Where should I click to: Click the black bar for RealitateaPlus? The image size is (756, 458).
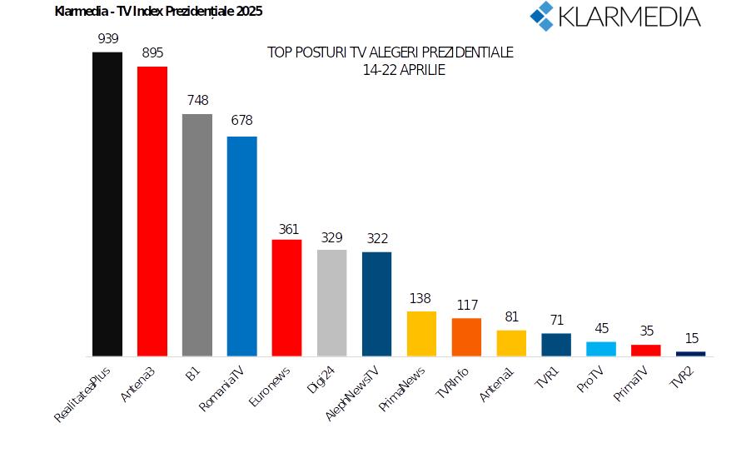(x=107, y=204)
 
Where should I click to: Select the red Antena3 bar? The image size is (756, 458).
(x=152, y=212)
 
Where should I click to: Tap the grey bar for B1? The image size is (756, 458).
(x=197, y=235)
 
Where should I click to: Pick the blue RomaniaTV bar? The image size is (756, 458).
(x=242, y=246)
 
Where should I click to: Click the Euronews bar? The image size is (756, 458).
(x=287, y=298)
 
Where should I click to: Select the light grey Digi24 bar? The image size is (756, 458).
(x=332, y=303)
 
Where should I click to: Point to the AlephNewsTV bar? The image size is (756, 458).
(x=377, y=304)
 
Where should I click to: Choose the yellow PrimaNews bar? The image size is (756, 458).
(x=421, y=334)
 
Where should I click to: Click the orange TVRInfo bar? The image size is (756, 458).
(x=466, y=337)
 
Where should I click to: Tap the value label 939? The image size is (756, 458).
(x=107, y=38)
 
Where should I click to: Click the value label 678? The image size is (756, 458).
(x=242, y=122)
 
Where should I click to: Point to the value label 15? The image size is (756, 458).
(x=691, y=338)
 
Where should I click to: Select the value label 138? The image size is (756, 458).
(x=421, y=297)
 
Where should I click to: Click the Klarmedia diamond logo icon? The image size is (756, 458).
(x=543, y=15)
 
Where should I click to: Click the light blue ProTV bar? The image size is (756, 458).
(x=601, y=349)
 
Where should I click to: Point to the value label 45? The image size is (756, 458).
(x=601, y=328)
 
